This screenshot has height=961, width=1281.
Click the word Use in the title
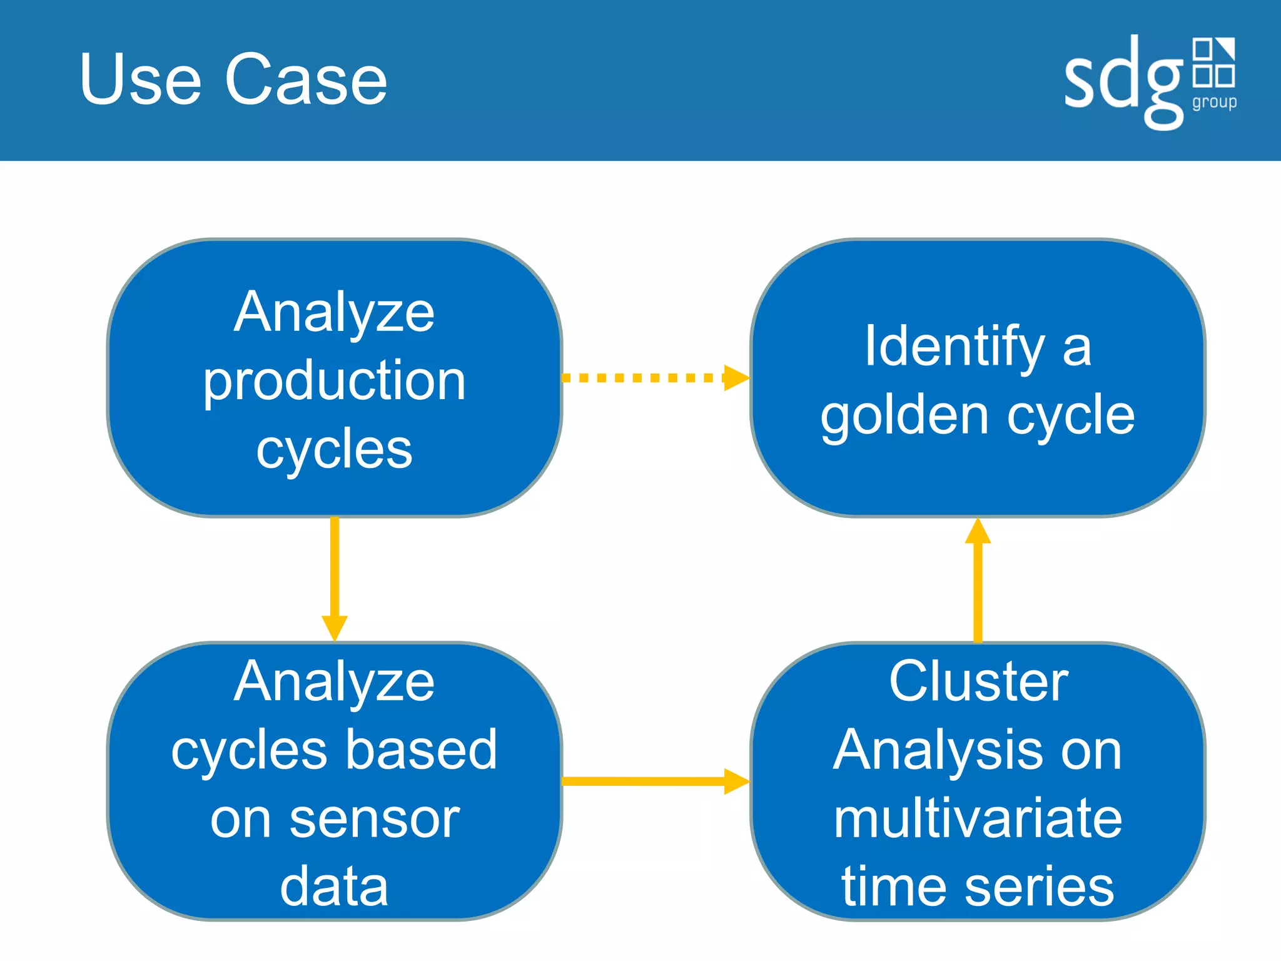141,79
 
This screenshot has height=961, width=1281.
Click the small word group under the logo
1214,102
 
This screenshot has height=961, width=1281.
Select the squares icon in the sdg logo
1213,62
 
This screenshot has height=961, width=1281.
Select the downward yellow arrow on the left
335,579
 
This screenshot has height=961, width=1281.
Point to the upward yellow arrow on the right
978,579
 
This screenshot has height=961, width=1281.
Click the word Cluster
978,681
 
